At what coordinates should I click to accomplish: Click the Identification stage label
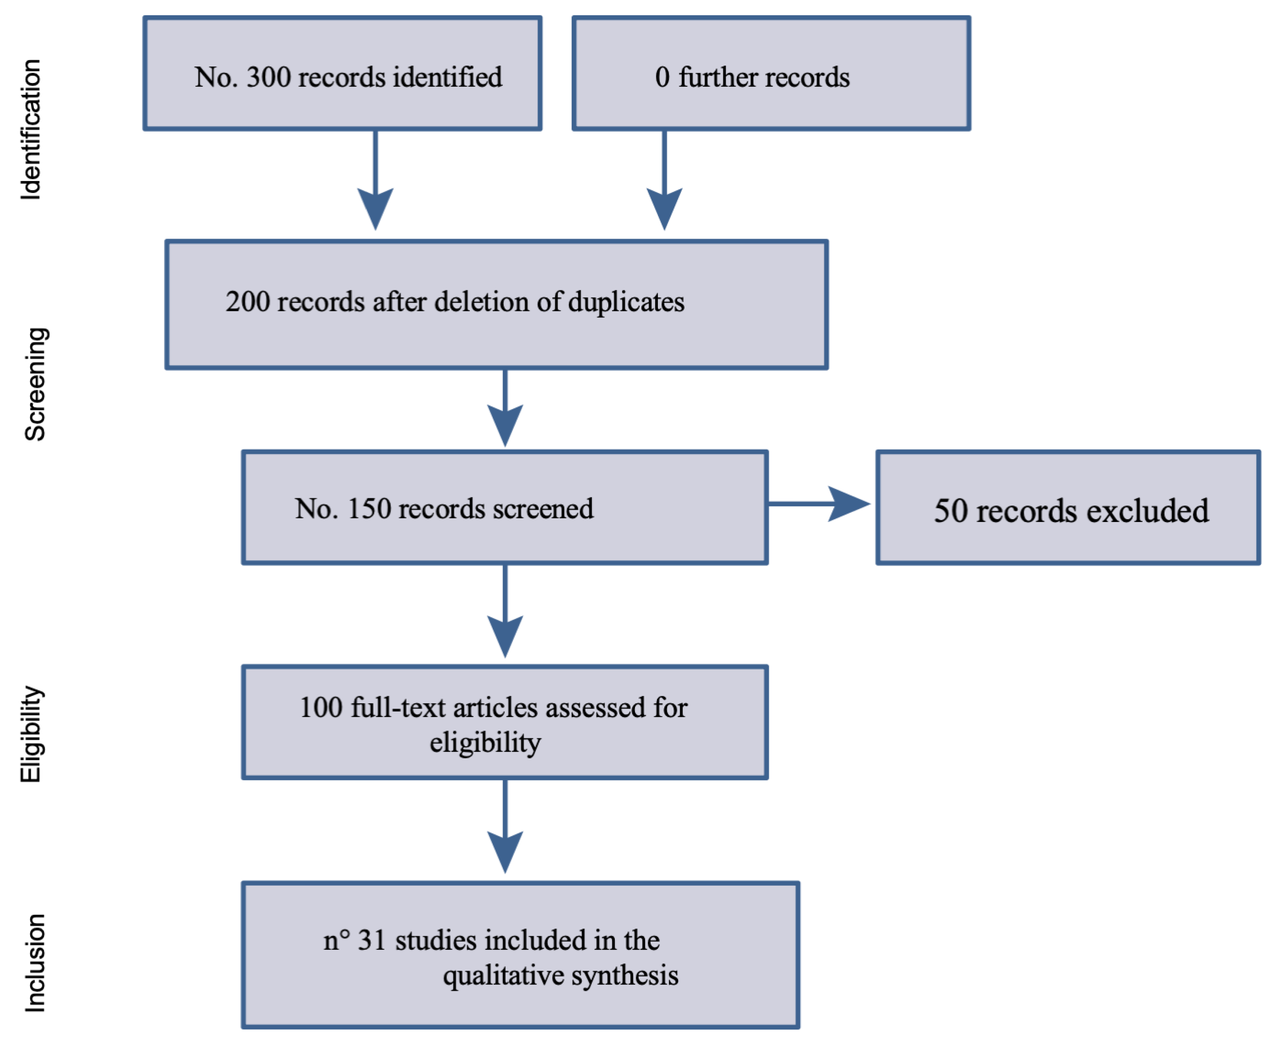point(30,130)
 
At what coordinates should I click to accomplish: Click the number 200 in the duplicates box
point(248,302)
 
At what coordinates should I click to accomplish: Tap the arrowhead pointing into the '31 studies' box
point(505,850)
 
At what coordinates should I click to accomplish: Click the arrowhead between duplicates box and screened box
point(505,424)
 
